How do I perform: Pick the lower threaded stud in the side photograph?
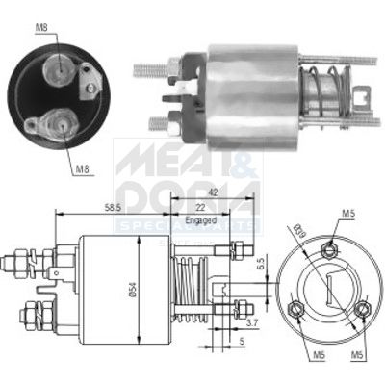(161, 122)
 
